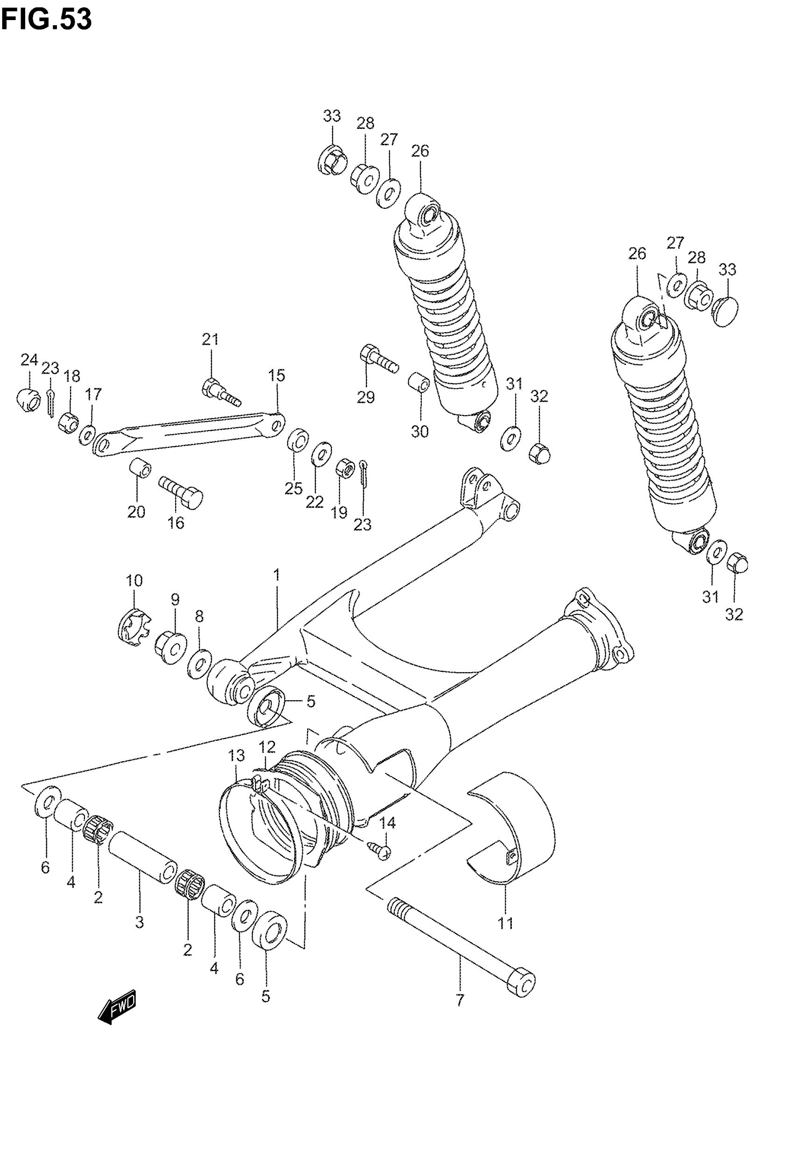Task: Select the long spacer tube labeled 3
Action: [x=142, y=858]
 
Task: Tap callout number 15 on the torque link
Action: [x=277, y=375]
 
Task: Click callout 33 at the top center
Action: [x=332, y=115]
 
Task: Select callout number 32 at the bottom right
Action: [x=734, y=614]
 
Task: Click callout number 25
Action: [x=293, y=489]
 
